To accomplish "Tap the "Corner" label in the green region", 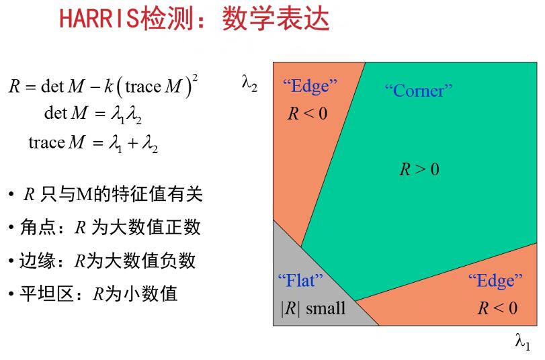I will point(418,90).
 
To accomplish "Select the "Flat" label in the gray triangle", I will point(300,280).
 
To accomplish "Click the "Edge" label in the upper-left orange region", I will point(310,86).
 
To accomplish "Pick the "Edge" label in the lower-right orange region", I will point(495,280).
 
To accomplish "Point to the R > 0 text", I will point(419,169).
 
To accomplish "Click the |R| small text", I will point(312,308).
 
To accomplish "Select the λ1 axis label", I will point(522,342).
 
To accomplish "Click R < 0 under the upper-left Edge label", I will point(308,114).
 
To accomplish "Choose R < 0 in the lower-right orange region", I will point(497,308).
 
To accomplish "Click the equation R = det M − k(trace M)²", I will point(103,86).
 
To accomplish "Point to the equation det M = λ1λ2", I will point(93,114).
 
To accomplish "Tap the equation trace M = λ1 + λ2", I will point(93,142).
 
